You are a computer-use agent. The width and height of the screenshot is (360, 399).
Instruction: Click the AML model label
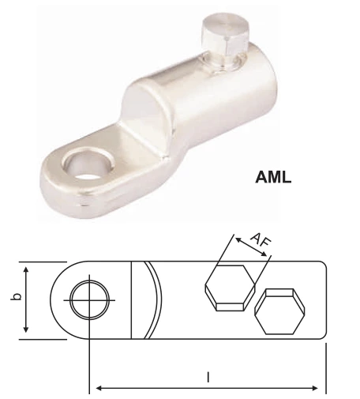[x=272, y=177]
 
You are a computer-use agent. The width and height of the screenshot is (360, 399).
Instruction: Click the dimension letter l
[x=208, y=378]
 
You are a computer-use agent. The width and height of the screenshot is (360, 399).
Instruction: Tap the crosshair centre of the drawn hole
[x=88, y=300]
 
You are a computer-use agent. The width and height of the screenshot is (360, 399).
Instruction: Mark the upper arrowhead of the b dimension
[x=28, y=269]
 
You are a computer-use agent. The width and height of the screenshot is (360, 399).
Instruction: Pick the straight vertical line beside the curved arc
[x=130, y=301]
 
